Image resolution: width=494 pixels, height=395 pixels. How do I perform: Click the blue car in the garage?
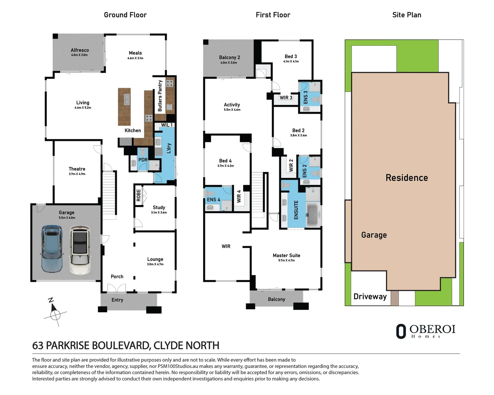[x=51, y=249]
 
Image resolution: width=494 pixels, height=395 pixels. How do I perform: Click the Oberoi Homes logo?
[x=426, y=331]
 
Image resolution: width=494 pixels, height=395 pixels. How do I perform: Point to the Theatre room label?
[x=77, y=169]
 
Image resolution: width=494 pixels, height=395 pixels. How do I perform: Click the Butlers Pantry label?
[x=160, y=96]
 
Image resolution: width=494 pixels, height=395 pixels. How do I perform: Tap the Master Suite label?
[x=286, y=255]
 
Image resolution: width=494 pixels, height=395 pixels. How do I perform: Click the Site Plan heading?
[x=407, y=15]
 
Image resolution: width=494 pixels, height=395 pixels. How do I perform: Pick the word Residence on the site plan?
[x=407, y=178]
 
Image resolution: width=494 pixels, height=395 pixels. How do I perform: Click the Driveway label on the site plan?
[x=370, y=297]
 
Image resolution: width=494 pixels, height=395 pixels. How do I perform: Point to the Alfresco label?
[x=79, y=50]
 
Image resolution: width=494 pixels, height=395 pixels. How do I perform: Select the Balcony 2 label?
[x=229, y=57]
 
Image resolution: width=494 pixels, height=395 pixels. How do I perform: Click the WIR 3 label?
[x=286, y=98]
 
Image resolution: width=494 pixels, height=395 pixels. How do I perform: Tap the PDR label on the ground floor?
[x=143, y=160]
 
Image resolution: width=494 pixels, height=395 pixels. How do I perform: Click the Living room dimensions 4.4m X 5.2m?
[x=83, y=108]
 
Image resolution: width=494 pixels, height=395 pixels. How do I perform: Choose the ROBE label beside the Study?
[x=138, y=195]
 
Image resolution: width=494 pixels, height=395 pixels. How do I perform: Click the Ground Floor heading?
[x=125, y=15]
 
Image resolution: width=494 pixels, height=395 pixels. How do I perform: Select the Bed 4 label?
[x=225, y=161]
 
